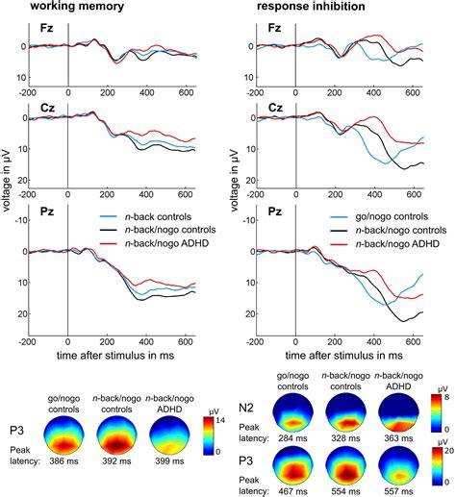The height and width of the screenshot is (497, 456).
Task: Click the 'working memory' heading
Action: point(77,6)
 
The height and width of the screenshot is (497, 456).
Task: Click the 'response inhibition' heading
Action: point(311,6)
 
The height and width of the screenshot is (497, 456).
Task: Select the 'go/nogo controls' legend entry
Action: point(379,216)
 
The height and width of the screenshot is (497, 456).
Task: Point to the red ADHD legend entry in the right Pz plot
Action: point(385,244)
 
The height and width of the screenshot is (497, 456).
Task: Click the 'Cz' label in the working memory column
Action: point(47,108)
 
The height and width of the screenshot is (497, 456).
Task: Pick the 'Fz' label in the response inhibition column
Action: point(274,28)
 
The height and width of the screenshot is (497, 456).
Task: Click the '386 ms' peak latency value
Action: point(63,461)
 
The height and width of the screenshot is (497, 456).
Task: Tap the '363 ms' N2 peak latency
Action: point(398,438)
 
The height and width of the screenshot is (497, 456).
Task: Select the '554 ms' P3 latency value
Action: point(345,491)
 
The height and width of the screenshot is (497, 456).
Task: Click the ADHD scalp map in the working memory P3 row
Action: point(169,435)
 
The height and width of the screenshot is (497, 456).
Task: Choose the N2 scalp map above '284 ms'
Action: point(292,412)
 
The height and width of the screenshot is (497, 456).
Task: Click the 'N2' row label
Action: point(246,408)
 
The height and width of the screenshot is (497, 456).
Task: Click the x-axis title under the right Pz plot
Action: point(343,356)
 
